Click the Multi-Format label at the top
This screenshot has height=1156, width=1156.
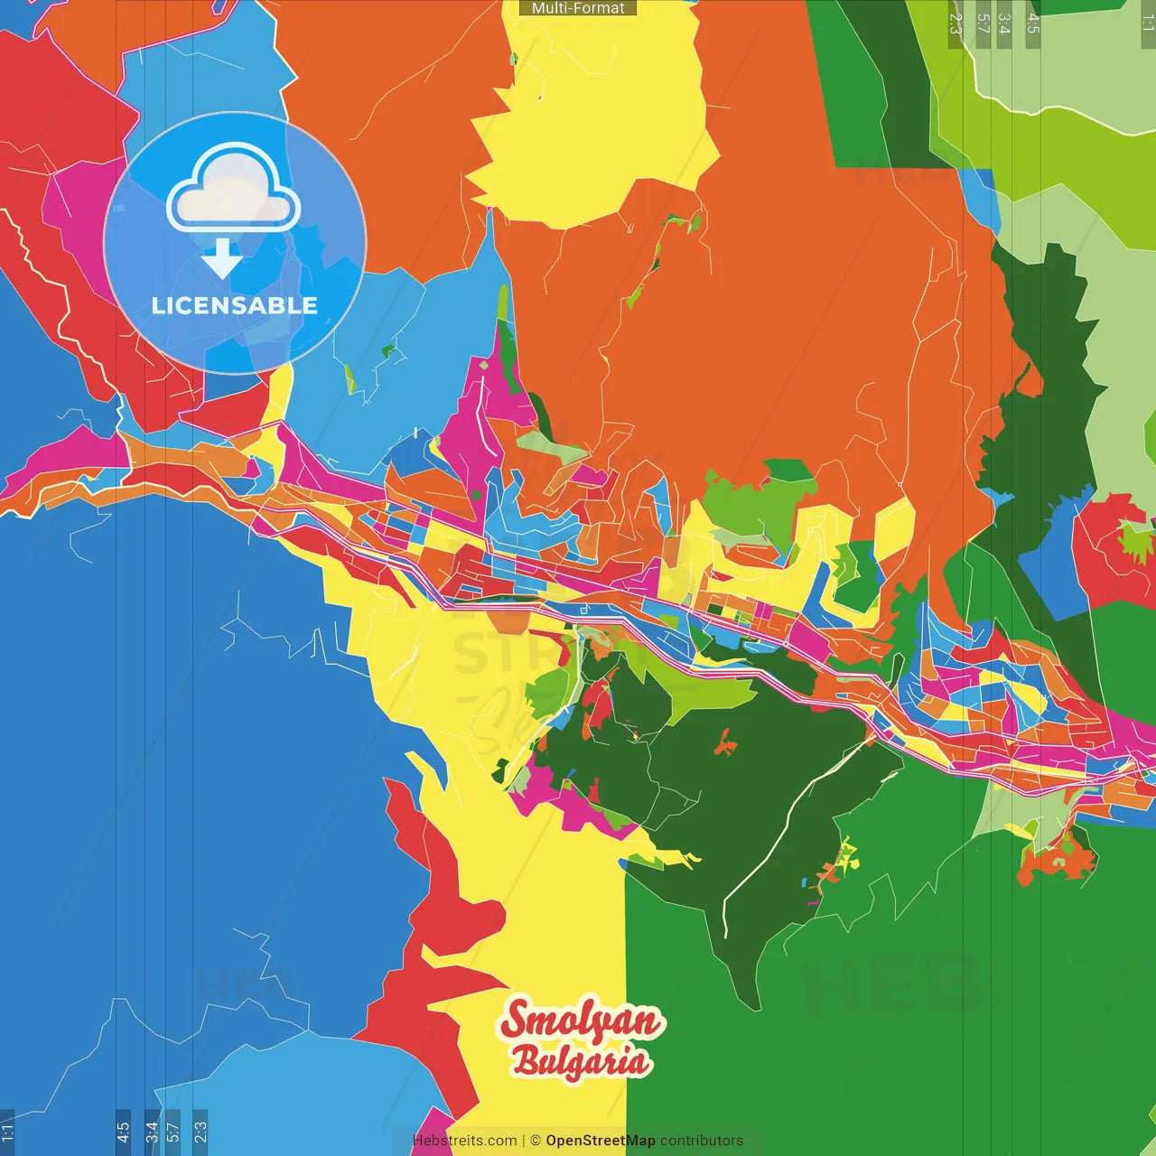[578, 8]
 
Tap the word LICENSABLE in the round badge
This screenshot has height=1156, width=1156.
[234, 305]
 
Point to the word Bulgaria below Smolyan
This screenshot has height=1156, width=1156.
[581, 1060]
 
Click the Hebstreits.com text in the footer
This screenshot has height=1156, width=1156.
[464, 1141]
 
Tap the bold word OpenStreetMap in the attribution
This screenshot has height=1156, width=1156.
[600, 1141]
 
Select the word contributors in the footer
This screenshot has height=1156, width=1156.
[702, 1141]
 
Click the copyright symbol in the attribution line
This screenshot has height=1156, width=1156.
[535, 1141]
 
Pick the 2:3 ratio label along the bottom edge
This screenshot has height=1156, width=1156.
[200, 1131]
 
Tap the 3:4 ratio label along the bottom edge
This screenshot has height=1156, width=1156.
[152, 1131]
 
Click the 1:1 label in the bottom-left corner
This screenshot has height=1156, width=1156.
[7, 1132]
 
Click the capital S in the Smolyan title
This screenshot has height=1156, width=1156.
[518, 1021]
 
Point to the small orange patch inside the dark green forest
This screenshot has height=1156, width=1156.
[724, 744]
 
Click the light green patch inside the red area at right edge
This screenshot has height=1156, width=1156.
[1136, 540]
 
